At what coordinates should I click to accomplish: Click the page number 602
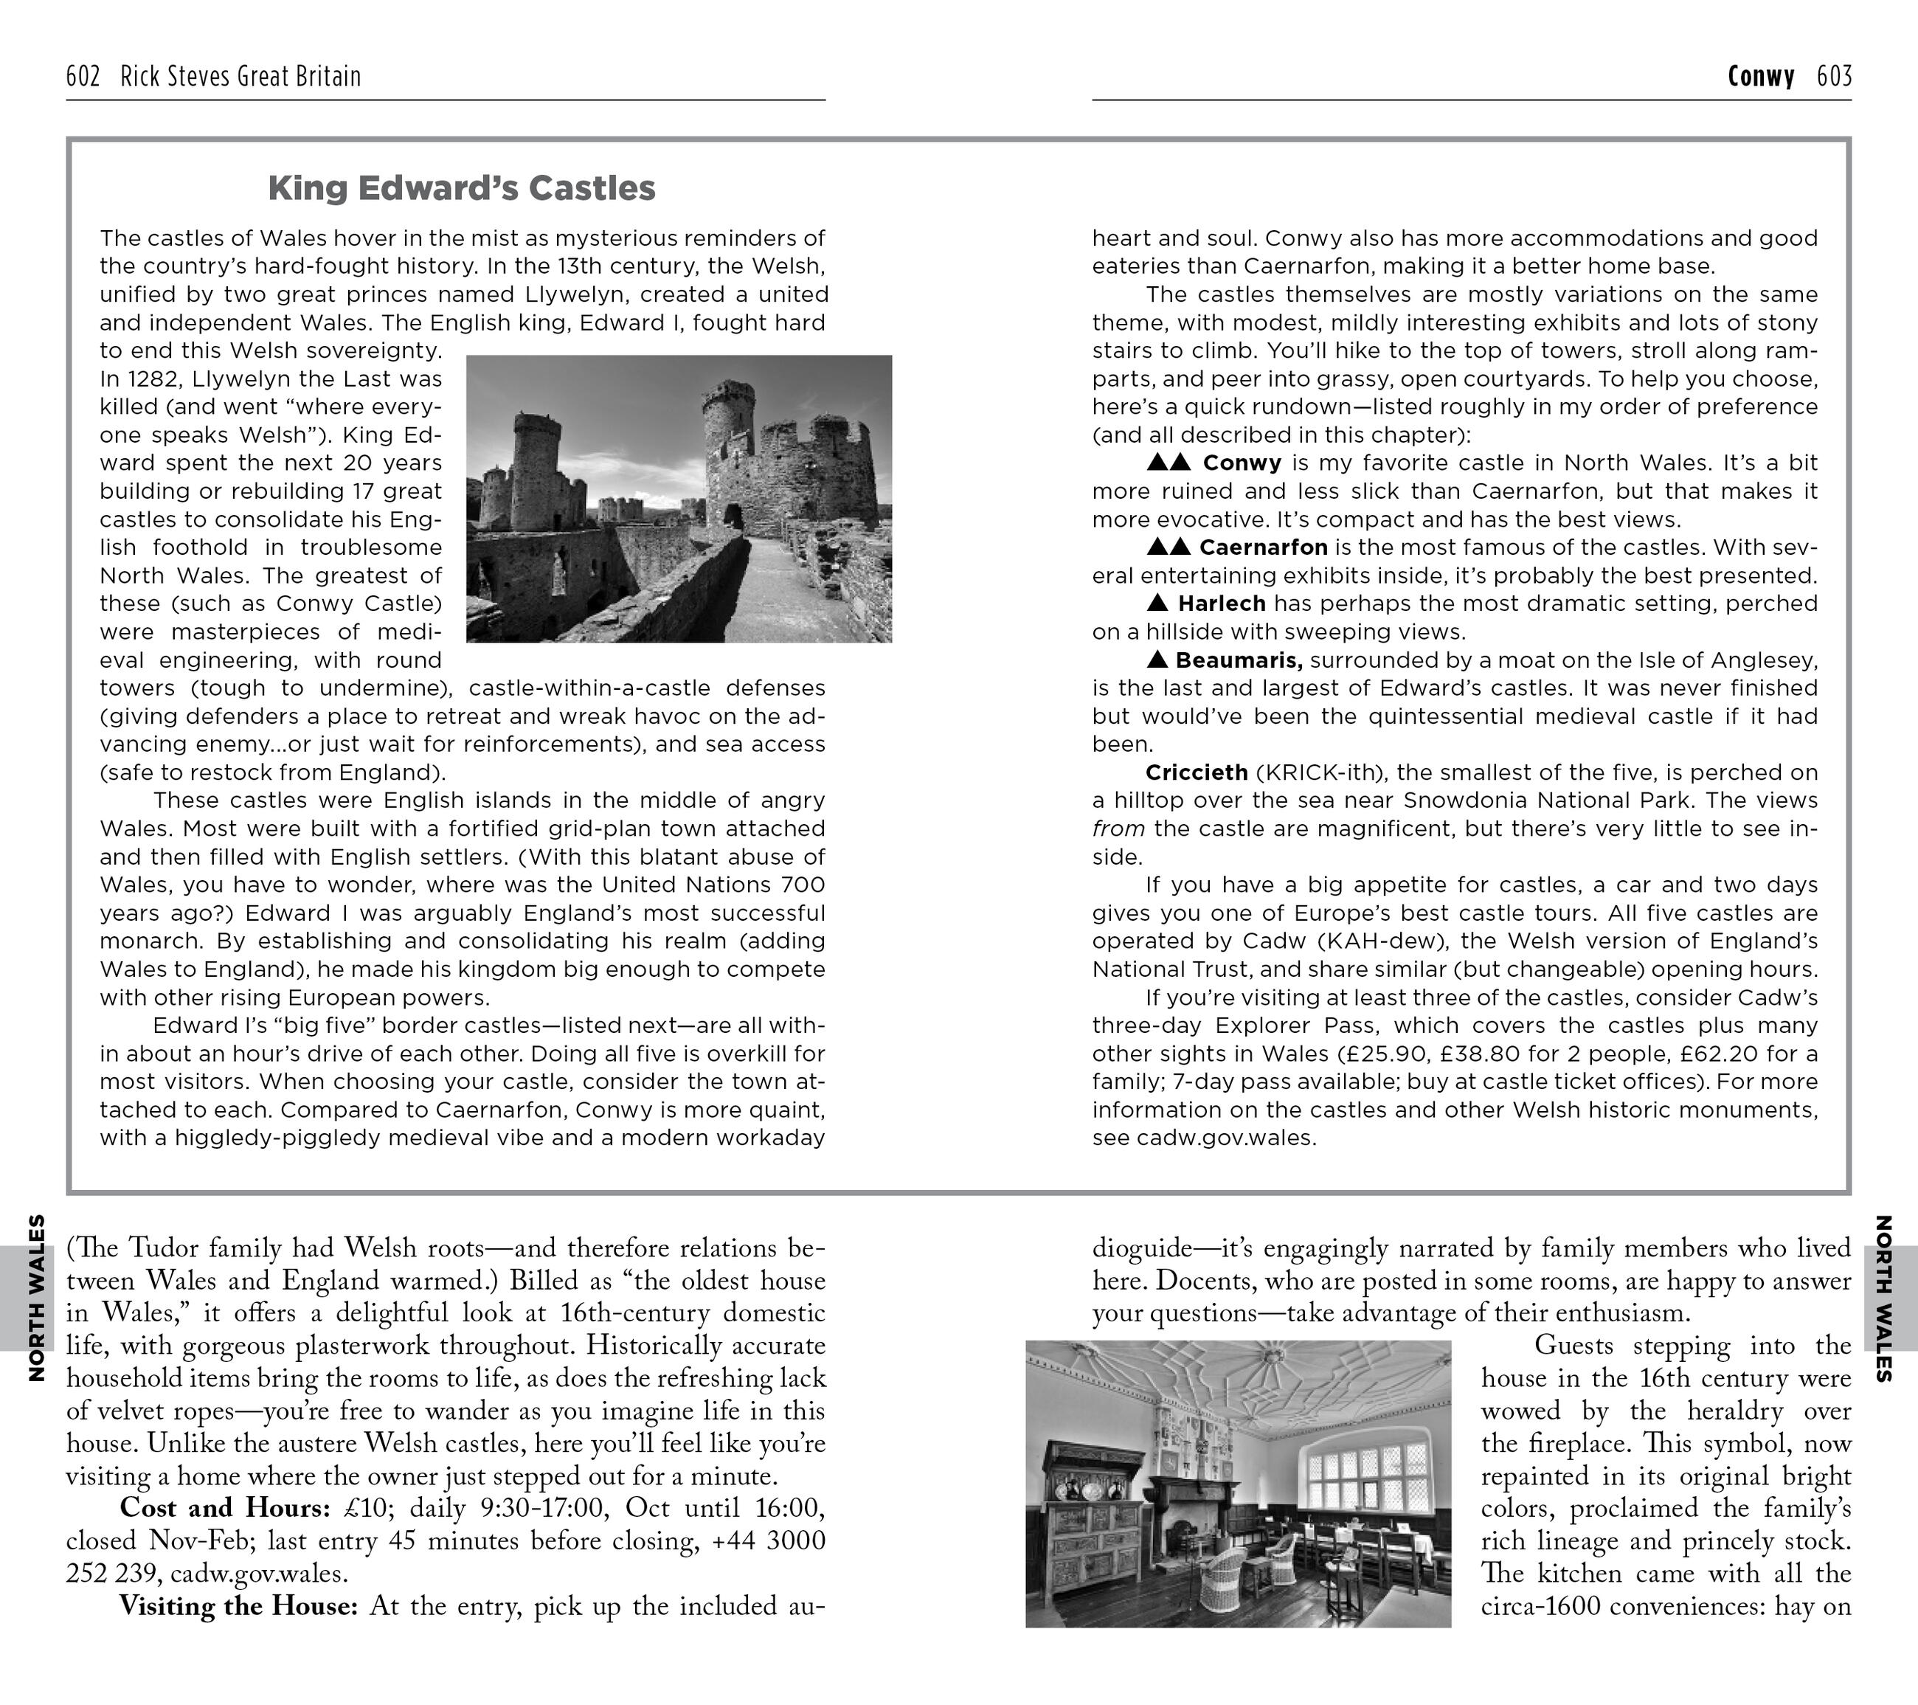click(83, 76)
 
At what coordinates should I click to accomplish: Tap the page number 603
click(1834, 76)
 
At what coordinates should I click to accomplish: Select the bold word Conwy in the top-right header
click(1760, 76)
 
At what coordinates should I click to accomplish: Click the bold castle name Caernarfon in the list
click(1263, 547)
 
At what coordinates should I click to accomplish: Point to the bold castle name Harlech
click(1222, 604)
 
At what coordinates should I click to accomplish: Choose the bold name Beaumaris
click(1239, 660)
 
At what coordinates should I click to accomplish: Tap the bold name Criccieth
click(1197, 772)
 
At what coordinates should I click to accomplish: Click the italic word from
click(1118, 829)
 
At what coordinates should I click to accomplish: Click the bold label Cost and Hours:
click(225, 1507)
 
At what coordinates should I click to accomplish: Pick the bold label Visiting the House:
click(238, 1605)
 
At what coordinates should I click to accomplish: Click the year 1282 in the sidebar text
click(150, 378)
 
